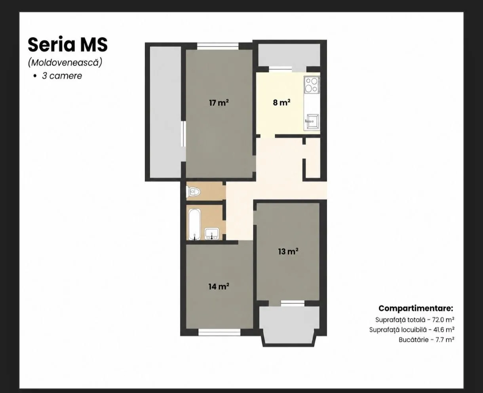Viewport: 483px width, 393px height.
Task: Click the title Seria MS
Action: click(68, 45)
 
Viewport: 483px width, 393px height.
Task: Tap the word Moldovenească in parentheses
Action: click(65, 63)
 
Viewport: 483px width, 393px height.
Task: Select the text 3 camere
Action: click(62, 76)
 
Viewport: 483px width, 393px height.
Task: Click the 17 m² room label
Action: click(219, 103)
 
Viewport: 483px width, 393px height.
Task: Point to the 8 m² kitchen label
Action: click(281, 103)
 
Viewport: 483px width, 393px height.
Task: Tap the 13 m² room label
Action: click(288, 251)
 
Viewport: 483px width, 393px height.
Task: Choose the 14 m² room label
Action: click(219, 286)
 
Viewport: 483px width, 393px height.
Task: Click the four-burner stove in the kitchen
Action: click(312, 85)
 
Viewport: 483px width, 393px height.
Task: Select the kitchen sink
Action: click(312, 122)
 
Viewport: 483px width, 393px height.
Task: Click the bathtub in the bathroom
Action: click(194, 224)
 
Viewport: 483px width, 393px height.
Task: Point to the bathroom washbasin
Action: click(212, 234)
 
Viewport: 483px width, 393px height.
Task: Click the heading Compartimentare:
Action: click(416, 308)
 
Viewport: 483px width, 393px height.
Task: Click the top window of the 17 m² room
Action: click(218, 46)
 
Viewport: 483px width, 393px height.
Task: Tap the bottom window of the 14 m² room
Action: click(219, 332)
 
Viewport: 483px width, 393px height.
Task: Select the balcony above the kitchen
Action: click(289, 55)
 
